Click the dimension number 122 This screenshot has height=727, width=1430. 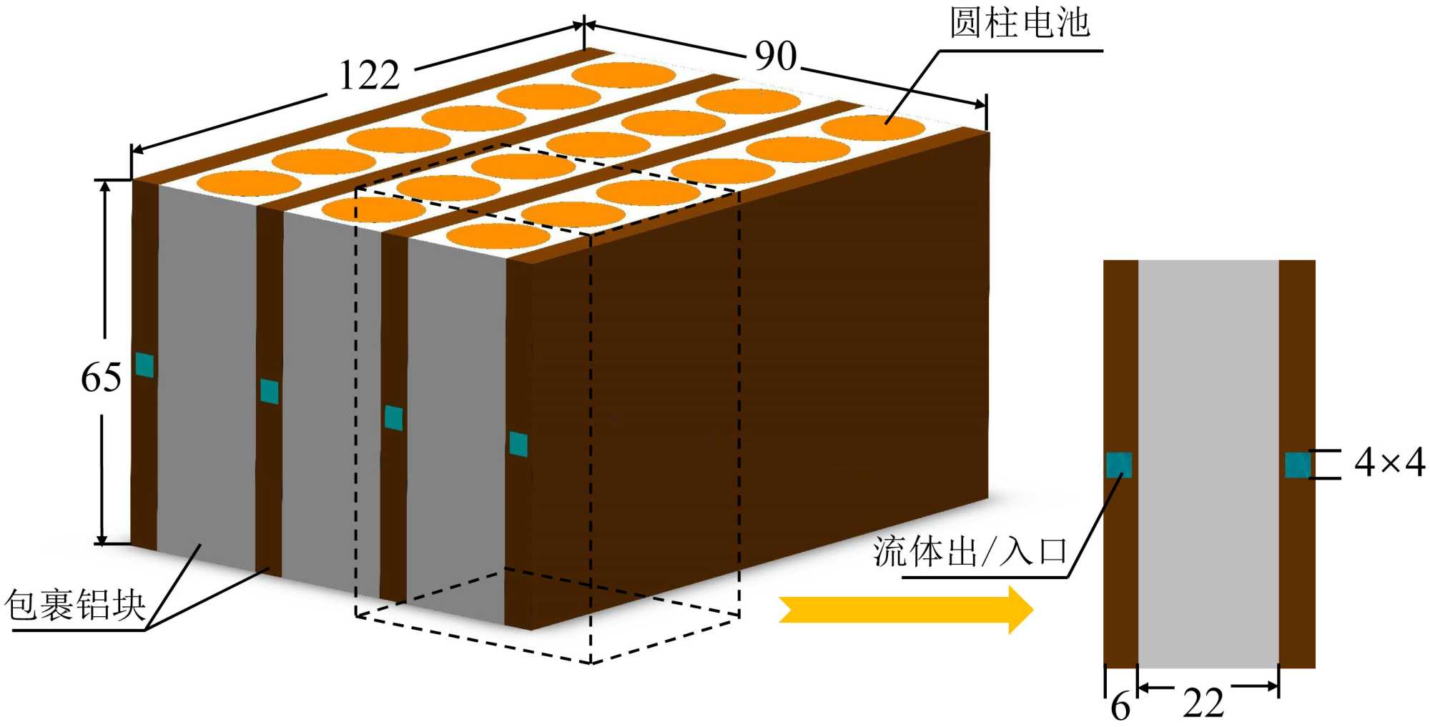(x=369, y=75)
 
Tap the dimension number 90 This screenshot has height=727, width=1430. (x=775, y=56)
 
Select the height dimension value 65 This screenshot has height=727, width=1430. (x=101, y=377)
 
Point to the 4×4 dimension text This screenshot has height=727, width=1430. (x=1389, y=463)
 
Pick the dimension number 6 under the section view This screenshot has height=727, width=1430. (x=1120, y=706)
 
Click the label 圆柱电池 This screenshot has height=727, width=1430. (x=1019, y=23)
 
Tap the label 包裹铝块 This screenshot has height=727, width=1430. (x=75, y=605)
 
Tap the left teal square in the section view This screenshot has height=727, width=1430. (x=1119, y=465)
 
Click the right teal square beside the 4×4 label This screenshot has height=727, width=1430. (x=1297, y=465)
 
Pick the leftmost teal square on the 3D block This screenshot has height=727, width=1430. (x=144, y=365)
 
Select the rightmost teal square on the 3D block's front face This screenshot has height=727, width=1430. (x=518, y=444)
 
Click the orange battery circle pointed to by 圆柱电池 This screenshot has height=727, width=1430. (x=873, y=127)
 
